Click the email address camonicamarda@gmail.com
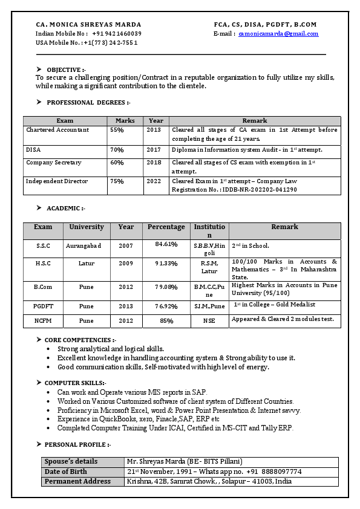(x=278, y=34)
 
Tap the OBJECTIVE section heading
(x=66, y=70)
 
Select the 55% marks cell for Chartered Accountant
(x=117, y=130)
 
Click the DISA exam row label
(x=34, y=149)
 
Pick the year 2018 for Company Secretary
(x=154, y=163)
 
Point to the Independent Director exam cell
(x=57, y=181)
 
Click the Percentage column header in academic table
(x=166, y=227)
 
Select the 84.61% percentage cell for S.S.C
(x=166, y=244)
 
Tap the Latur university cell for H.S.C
(x=87, y=264)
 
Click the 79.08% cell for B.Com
(x=166, y=287)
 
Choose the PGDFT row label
(x=43, y=306)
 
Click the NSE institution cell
(x=209, y=321)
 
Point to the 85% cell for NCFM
(x=166, y=321)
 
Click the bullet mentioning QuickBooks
(x=139, y=419)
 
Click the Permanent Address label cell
(x=77, y=481)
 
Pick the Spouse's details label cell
(x=71, y=462)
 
